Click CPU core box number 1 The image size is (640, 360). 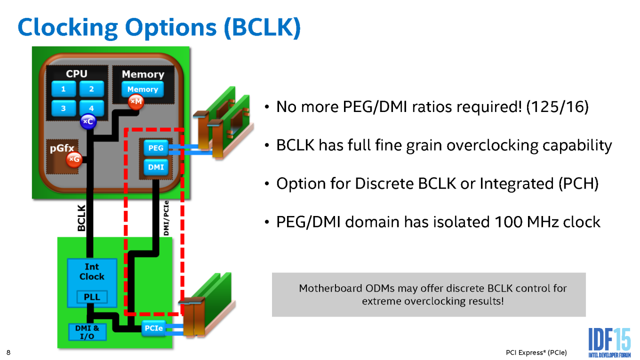point(63,89)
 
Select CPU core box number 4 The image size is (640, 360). point(91,108)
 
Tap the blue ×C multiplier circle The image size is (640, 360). point(88,121)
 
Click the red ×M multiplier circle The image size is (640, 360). point(135,101)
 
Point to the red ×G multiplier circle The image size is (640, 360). point(74,159)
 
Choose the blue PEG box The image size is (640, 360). point(155,148)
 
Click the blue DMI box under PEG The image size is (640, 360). point(155,167)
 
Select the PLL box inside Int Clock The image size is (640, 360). point(92,297)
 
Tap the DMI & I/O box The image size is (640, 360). point(87,332)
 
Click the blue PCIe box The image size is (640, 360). point(153,328)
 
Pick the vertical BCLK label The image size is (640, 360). point(81,218)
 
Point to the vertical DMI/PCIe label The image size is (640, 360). point(166,218)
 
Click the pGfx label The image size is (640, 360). point(62,148)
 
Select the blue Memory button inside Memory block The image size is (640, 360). point(142,89)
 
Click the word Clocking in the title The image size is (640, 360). point(67,28)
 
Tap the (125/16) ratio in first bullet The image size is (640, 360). point(557,107)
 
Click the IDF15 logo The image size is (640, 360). point(609,342)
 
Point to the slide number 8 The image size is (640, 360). point(8,352)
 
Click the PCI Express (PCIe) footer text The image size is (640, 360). point(536,353)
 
